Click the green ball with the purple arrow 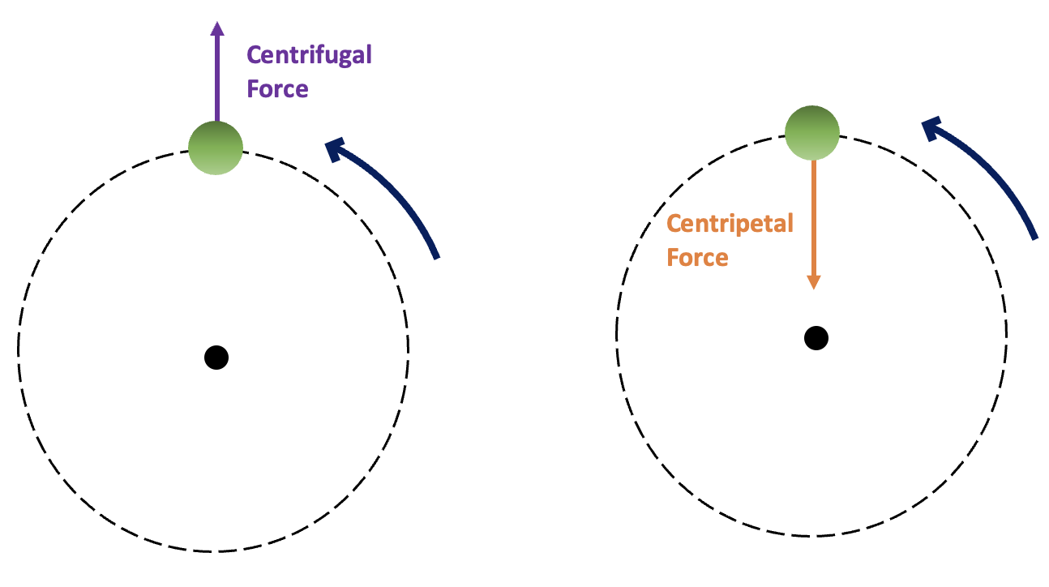216,148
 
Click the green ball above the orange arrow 812,132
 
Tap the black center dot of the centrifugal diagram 216,357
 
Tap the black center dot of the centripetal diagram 816,337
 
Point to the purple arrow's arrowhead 216,29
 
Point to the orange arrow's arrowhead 813,281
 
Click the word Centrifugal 309,56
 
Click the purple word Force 277,88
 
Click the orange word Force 697,257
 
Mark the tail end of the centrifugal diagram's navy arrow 436,256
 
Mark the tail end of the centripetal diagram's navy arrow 1034,237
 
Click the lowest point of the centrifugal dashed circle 214,551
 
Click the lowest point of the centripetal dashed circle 813,536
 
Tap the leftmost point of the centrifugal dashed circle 19,349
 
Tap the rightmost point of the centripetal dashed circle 1008,335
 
